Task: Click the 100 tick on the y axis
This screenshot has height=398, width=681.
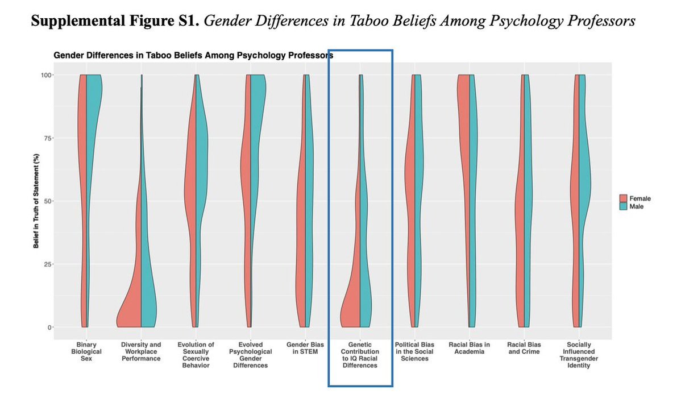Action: [x=45, y=75]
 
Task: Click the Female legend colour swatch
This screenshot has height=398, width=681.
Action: [x=623, y=198]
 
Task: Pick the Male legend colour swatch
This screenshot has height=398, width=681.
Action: [x=623, y=206]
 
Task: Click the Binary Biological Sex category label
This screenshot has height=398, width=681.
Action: [x=87, y=351]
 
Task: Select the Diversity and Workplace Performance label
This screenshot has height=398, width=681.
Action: [x=141, y=351]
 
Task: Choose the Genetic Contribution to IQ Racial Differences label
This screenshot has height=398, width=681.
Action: [x=360, y=355]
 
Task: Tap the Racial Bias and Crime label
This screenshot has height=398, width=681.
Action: [x=524, y=348]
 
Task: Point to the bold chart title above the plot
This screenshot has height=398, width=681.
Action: [x=193, y=56]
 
